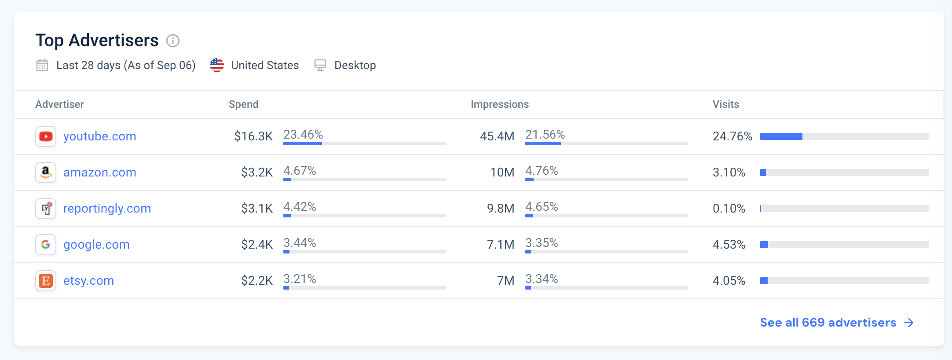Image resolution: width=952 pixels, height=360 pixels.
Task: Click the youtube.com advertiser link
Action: point(100,136)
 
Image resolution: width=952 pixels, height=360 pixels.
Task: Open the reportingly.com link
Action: point(107,209)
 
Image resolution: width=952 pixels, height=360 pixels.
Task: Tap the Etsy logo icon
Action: point(46,281)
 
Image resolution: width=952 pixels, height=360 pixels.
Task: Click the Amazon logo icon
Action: point(46,173)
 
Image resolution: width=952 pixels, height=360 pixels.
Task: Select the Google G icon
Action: point(46,245)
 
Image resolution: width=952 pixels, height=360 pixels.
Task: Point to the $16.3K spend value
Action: point(253,136)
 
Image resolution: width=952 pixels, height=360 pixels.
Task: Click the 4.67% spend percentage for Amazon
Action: point(300,171)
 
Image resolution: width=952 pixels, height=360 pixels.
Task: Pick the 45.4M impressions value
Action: point(497,136)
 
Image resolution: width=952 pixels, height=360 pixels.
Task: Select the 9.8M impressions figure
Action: point(501,209)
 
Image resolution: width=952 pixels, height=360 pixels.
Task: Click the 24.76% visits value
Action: point(732,136)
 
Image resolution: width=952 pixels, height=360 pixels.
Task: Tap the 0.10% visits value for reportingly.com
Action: point(729,209)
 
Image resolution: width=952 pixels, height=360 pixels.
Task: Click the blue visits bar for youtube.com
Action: point(781,136)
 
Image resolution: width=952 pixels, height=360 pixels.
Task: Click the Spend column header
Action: point(244,104)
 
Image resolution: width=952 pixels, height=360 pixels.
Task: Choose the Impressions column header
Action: point(500,104)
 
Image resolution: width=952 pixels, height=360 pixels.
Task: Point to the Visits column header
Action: point(726,104)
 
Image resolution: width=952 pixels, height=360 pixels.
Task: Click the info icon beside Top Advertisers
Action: point(173,41)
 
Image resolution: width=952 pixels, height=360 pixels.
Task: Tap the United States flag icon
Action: point(217,65)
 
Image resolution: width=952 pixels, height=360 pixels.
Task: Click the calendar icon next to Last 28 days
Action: point(42,65)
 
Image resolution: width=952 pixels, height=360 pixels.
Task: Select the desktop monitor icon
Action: point(320,65)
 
